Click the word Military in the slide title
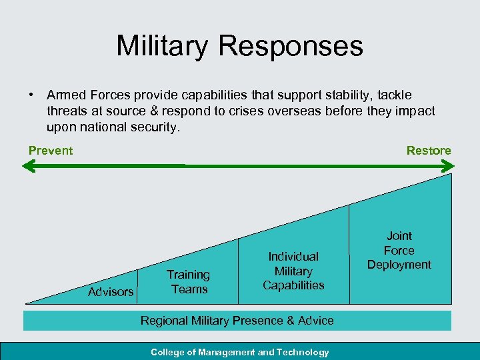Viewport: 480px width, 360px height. click(x=162, y=46)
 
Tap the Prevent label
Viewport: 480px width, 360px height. click(x=51, y=151)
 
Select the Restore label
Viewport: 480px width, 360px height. click(x=429, y=151)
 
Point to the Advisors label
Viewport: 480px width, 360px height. click(x=111, y=292)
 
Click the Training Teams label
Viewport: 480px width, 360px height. click(x=189, y=282)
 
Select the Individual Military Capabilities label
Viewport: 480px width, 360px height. click(x=293, y=271)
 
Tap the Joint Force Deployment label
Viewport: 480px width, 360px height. click(x=399, y=250)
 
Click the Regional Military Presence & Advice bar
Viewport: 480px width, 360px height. click(x=237, y=321)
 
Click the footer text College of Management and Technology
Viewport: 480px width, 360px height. click(x=240, y=352)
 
